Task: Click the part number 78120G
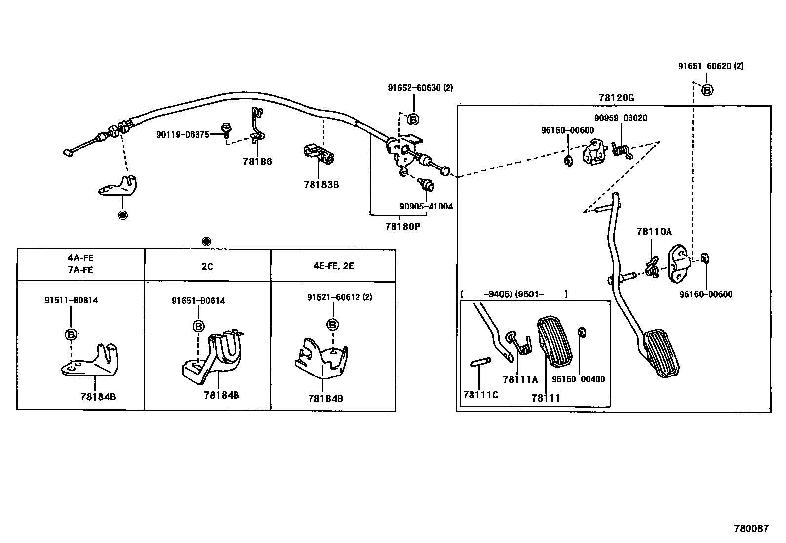click(x=616, y=98)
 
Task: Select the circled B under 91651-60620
click(x=707, y=90)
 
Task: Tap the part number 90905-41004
click(x=426, y=207)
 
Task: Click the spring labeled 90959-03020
click(x=620, y=149)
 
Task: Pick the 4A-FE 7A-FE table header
click(x=81, y=264)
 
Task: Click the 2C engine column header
click(x=207, y=266)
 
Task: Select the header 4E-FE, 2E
click(x=333, y=266)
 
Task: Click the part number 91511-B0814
click(x=71, y=300)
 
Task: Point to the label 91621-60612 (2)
click(x=339, y=297)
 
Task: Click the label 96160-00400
click(x=578, y=379)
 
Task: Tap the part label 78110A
click(x=654, y=231)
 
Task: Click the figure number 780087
click(x=751, y=528)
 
